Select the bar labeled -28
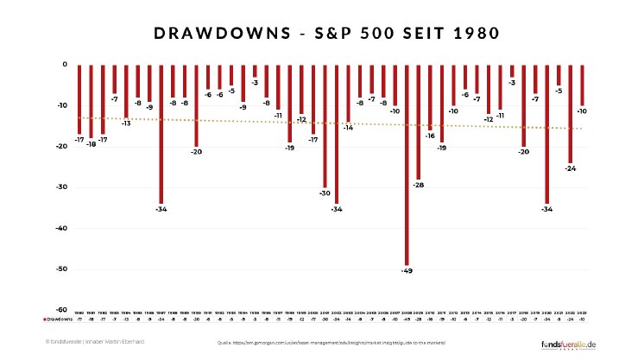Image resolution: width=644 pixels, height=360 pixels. click(x=418, y=121)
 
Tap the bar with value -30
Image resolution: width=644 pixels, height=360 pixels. click(x=325, y=125)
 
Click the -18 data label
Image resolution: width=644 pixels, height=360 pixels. click(x=91, y=144)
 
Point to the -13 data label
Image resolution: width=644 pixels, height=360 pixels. click(x=126, y=123)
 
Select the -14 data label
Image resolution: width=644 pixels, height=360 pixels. click(x=348, y=128)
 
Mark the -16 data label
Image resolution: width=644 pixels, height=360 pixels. click(x=429, y=136)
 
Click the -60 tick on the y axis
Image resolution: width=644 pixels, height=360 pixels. click(x=61, y=310)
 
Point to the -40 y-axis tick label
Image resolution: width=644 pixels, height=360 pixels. click(x=61, y=228)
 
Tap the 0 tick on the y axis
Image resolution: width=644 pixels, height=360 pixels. click(x=64, y=64)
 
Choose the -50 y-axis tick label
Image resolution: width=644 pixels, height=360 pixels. click(x=61, y=269)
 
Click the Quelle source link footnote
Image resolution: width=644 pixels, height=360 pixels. click(x=331, y=343)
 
